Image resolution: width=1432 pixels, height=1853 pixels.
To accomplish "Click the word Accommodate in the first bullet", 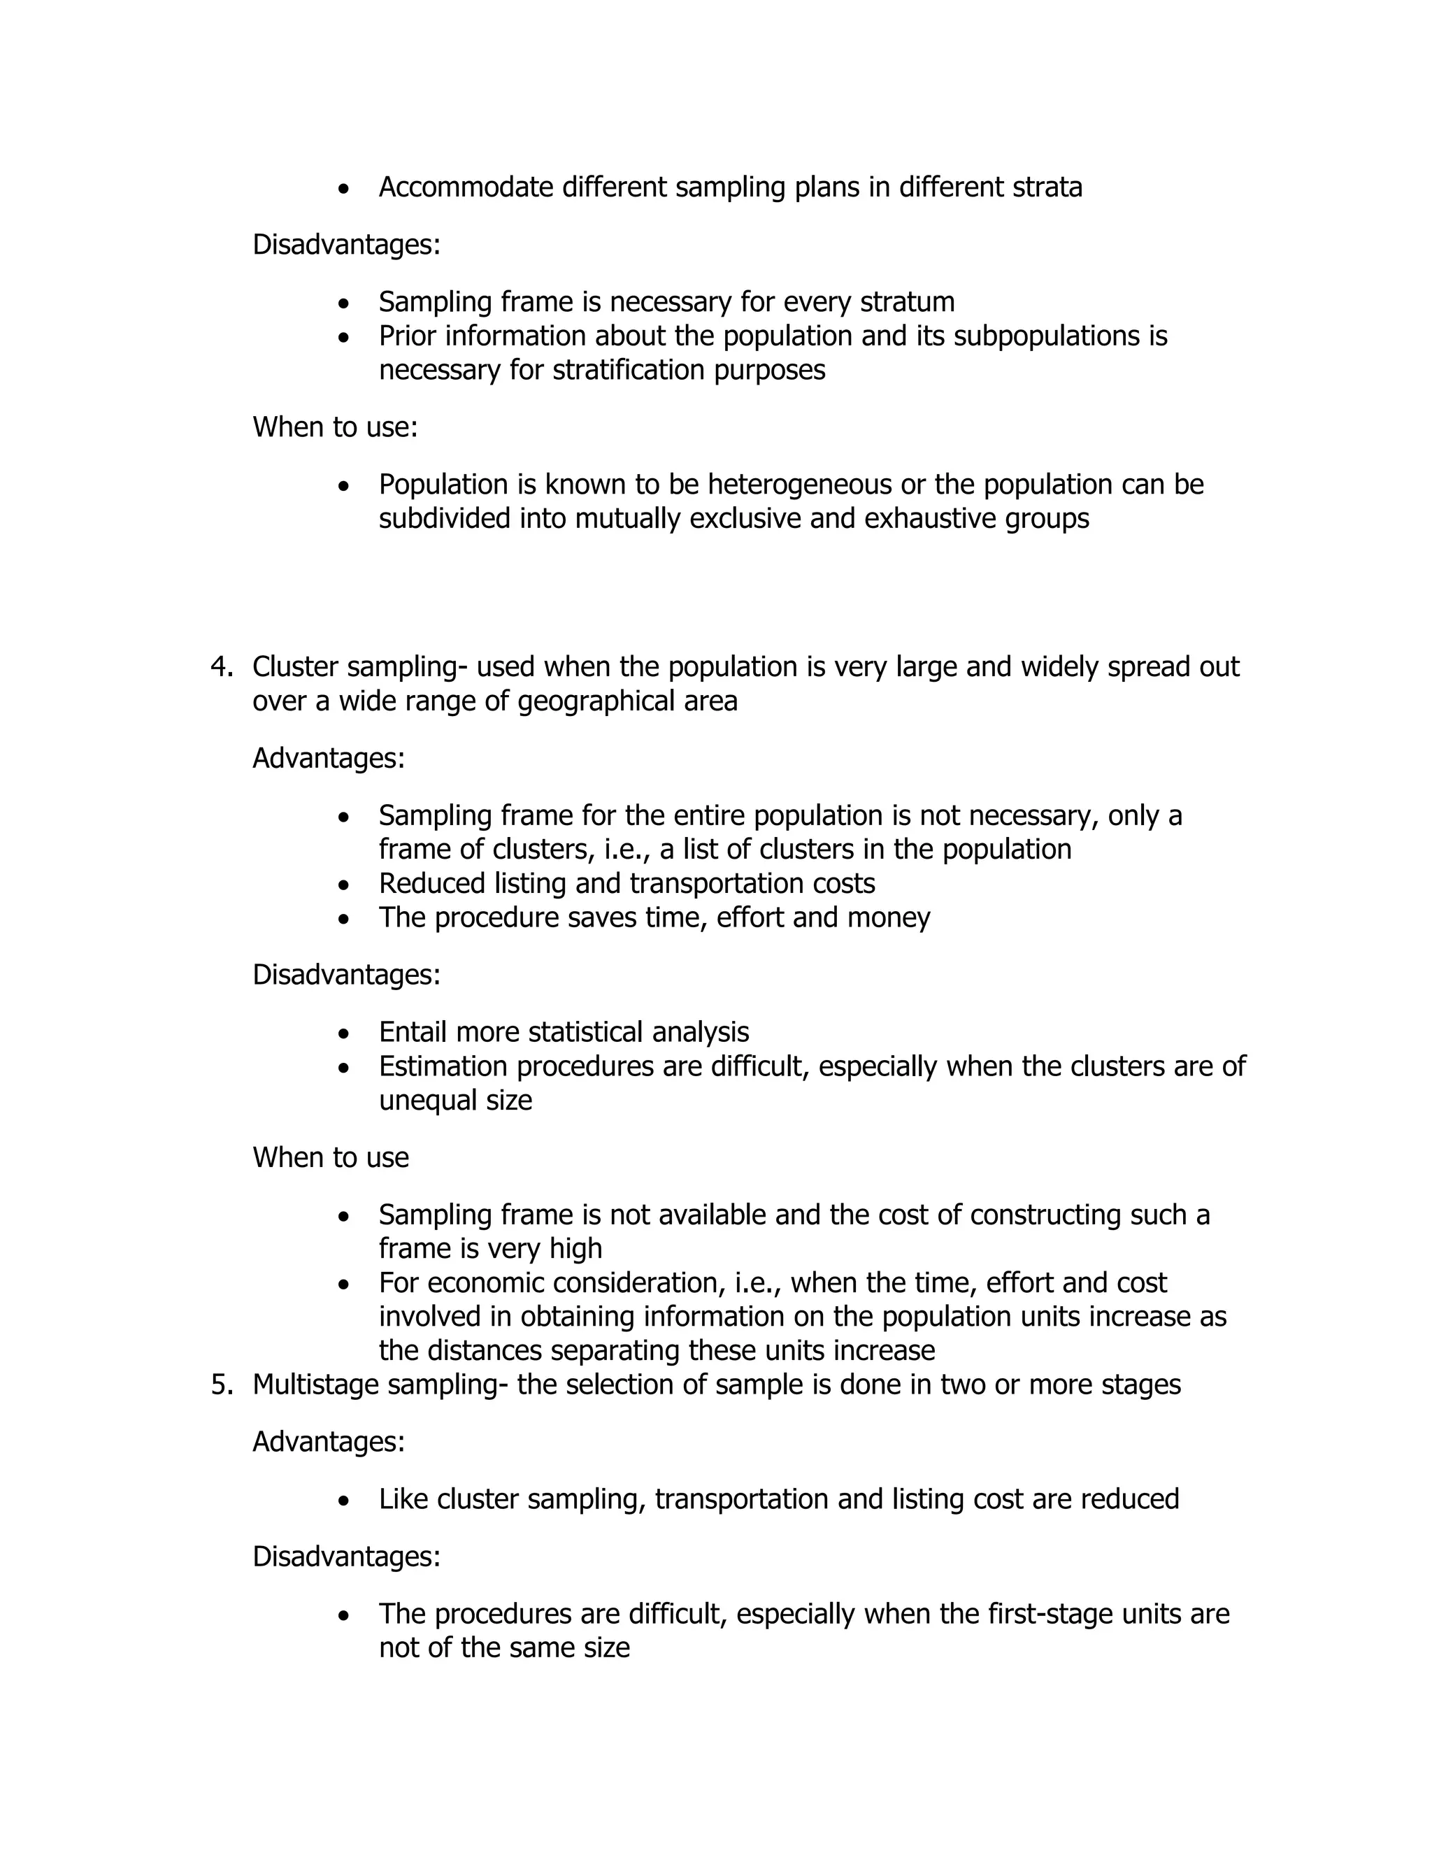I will [466, 187].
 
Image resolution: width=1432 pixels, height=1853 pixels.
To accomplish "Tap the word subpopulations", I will [1050, 336].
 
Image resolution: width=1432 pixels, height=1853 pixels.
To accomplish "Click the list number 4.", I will [220, 667].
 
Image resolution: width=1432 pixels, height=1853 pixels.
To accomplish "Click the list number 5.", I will [220, 1385].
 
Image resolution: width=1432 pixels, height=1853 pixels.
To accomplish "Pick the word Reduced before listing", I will [433, 883].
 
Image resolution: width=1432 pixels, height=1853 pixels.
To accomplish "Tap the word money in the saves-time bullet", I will [895, 917].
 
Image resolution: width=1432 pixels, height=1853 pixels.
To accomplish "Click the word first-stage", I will [1050, 1614].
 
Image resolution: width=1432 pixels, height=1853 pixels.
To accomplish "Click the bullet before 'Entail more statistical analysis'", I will [343, 1034].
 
